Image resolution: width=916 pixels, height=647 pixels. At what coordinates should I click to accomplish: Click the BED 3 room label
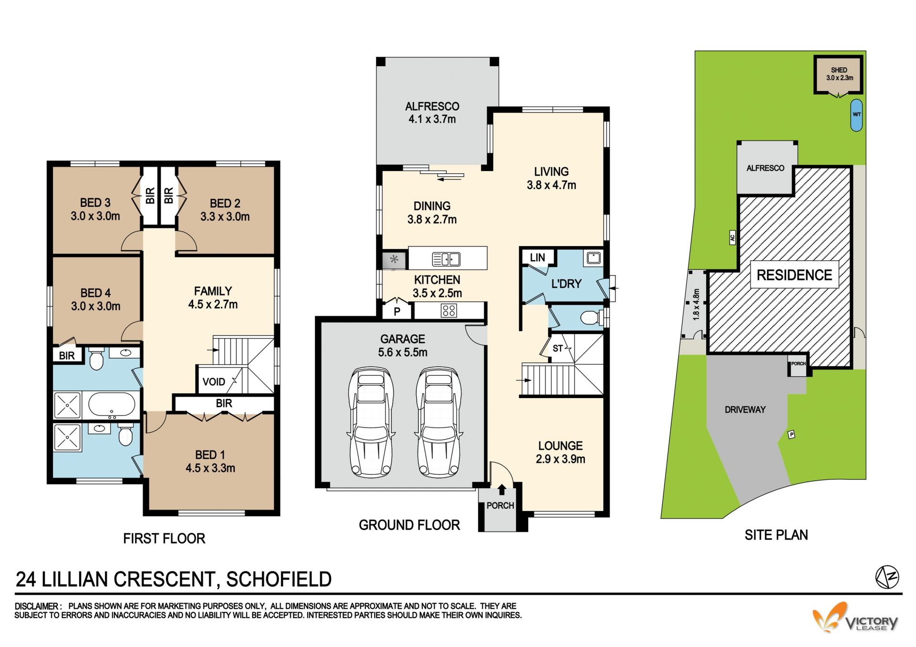point(95,203)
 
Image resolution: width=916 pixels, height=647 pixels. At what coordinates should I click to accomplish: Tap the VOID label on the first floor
point(214,382)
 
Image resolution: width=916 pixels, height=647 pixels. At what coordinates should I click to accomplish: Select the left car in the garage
point(371,422)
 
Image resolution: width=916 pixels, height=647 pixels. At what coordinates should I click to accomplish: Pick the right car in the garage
point(439,422)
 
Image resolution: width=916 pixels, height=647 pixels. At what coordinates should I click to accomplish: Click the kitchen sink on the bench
point(446,259)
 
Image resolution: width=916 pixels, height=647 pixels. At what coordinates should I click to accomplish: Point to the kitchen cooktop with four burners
point(449,311)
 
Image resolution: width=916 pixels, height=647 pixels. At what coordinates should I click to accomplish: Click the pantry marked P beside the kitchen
point(397,312)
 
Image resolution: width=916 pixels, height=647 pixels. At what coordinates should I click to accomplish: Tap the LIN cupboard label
point(537,257)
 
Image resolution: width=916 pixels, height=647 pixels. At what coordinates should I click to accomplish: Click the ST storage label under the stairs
point(558,349)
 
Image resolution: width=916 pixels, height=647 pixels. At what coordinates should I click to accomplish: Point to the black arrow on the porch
point(501,490)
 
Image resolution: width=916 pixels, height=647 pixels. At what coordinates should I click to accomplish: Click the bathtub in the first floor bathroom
point(112,405)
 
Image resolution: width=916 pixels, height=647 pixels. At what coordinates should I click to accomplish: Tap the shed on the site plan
point(839,75)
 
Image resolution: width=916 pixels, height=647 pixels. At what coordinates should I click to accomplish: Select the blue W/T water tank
point(857,115)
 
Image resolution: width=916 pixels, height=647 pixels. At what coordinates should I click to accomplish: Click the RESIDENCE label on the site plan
point(794,275)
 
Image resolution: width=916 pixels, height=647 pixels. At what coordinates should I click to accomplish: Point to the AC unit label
point(732,237)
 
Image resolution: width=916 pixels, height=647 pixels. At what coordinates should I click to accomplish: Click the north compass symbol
point(887,577)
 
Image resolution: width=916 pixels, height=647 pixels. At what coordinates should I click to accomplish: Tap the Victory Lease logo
point(855,618)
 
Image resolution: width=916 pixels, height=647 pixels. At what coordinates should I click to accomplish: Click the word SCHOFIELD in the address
point(279,579)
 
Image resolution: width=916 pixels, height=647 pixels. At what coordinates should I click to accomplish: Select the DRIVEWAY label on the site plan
point(745,410)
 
